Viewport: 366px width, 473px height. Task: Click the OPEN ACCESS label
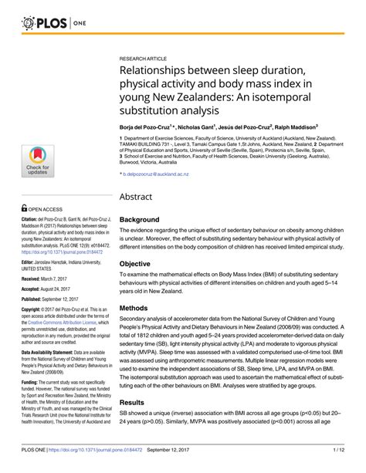[51, 208]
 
